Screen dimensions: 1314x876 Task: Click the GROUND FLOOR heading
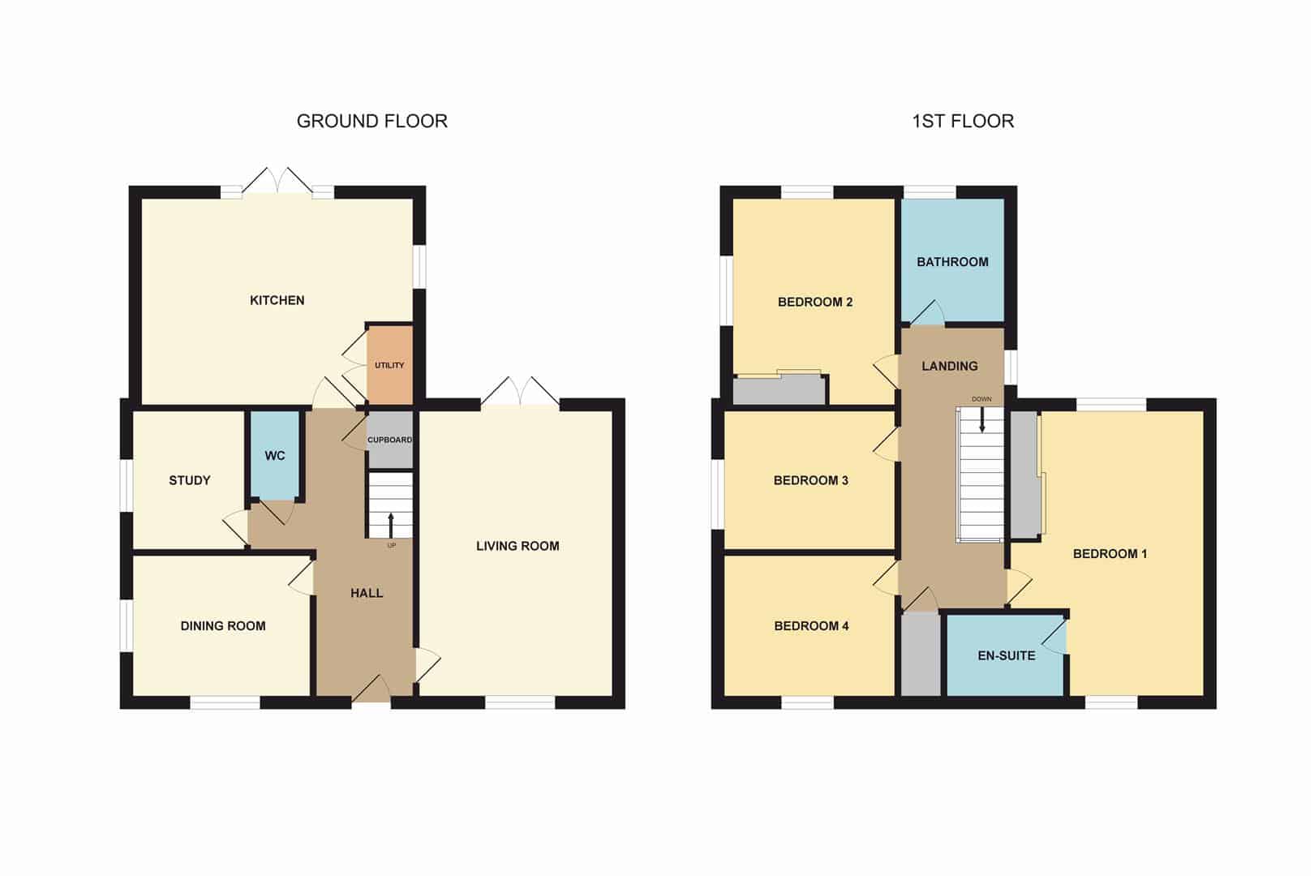tap(372, 121)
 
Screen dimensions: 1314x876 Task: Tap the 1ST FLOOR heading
tap(964, 121)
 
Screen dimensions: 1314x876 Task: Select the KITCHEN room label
tap(277, 300)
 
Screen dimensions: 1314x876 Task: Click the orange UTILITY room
tap(390, 365)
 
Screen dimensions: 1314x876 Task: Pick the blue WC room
tap(275, 455)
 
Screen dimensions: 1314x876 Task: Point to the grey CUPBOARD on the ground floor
tap(390, 440)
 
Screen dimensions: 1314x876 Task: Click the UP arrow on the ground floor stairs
tap(391, 525)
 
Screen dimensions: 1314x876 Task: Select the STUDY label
tap(190, 480)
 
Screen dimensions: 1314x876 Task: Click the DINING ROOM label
tap(223, 626)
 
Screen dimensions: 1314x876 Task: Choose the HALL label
tap(367, 593)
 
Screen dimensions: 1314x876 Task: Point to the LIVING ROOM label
tap(517, 546)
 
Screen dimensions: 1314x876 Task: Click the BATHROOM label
tap(952, 262)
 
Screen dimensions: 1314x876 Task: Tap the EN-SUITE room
tap(1006, 655)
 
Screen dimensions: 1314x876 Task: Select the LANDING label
tap(950, 366)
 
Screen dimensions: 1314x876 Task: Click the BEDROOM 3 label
tap(810, 480)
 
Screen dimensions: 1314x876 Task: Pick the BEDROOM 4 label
tap(811, 626)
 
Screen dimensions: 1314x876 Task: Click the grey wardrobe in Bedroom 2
tap(779, 389)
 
